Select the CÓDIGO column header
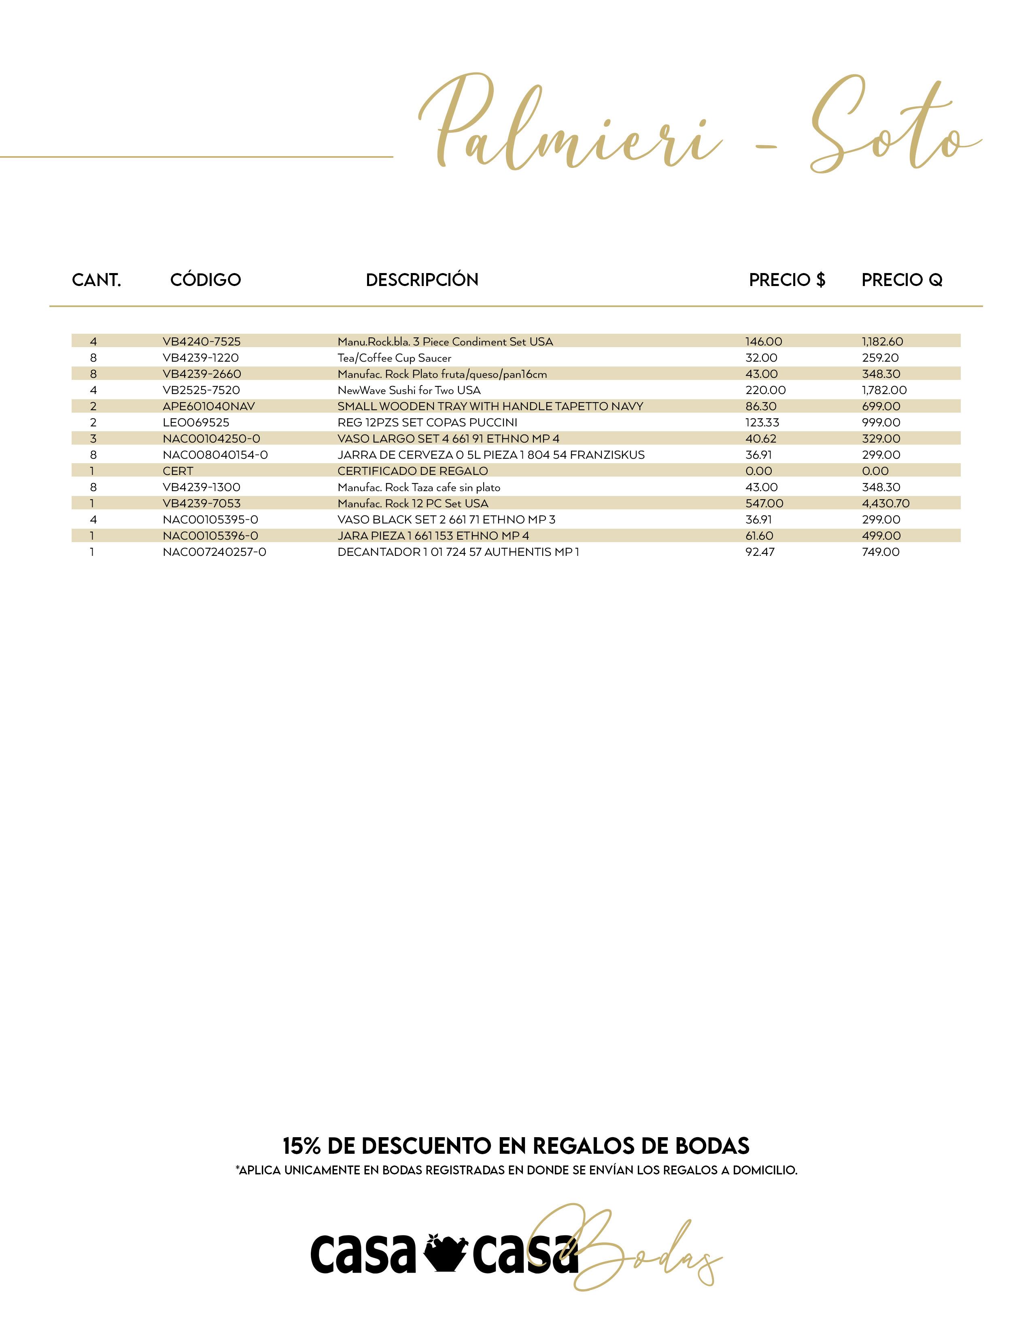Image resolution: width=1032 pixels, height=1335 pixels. pos(206,280)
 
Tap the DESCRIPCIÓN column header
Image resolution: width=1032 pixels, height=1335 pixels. pos(422,280)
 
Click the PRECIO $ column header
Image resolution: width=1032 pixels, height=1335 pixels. pos(787,280)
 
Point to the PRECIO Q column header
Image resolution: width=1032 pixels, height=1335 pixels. pos(902,280)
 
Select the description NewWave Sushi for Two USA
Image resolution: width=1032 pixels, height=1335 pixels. pos(409,390)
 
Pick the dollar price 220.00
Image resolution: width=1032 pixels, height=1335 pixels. pos(765,390)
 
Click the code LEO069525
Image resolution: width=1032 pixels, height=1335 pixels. pos(195,422)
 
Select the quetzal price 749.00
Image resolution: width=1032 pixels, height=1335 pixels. pos(880,552)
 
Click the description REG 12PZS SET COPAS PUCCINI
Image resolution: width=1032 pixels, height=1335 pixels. pos(427,422)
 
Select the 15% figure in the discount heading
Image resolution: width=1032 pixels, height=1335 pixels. pos(301,1146)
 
